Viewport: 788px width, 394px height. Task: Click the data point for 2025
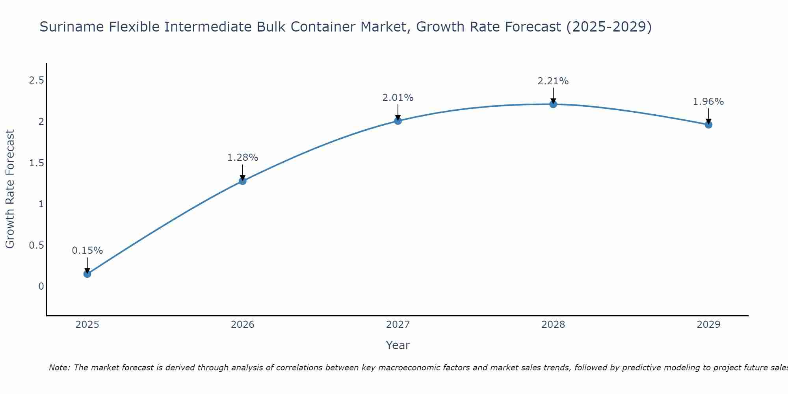coord(87,274)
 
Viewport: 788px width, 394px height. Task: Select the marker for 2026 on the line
coord(243,181)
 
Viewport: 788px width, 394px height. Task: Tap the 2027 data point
coord(398,121)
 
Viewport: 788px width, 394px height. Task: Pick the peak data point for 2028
coord(553,104)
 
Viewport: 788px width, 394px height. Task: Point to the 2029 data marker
coord(708,125)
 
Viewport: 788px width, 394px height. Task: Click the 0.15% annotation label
coord(87,251)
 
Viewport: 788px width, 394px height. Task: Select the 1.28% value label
coord(243,158)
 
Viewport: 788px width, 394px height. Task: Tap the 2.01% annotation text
coord(398,98)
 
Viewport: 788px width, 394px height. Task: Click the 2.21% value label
coord(553,81)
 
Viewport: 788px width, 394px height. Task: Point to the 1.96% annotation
coord(708,102)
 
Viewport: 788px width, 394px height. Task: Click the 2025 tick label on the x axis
coord(87,325)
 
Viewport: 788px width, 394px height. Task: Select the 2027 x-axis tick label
coord(398,325)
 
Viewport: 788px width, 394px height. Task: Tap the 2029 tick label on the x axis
coord(708,325)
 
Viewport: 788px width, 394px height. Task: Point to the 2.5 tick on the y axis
coord(36,80)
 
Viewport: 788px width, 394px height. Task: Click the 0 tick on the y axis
coord(41,286)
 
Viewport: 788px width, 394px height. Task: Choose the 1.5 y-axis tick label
coord(36,163)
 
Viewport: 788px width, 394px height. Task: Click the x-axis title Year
coord(398,345)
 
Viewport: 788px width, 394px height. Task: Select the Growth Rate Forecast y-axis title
coord(10,189)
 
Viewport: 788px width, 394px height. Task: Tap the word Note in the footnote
coord(59,368)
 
